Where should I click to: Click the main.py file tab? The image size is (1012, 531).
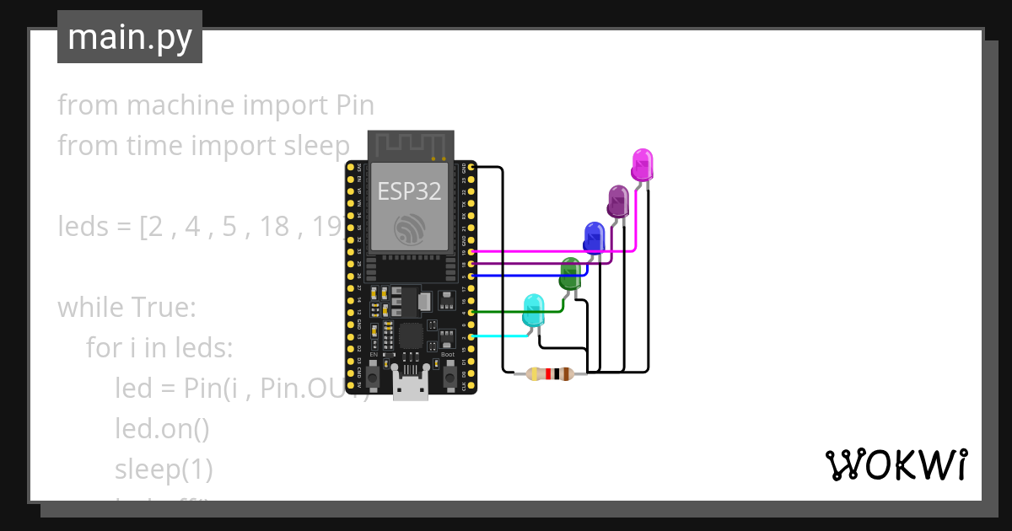tap(130, 37)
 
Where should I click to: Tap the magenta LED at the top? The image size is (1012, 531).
tap(642, 164)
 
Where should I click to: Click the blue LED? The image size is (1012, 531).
tap(594, 237)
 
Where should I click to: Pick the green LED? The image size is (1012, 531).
tap(570, 273)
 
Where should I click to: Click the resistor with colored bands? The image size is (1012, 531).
tap(549, 374)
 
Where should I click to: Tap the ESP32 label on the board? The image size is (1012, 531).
tap(409, 191)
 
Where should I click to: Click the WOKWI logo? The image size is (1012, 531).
tap(895, 465)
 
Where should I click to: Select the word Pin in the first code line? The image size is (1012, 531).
tap(355, 105)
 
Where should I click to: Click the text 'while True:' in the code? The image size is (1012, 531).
tap(126, 308)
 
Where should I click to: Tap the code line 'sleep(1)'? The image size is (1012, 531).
tap(164, 469)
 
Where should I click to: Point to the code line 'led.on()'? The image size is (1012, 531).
tap(162, 428)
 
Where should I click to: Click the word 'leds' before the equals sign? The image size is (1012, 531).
tap(84, 227)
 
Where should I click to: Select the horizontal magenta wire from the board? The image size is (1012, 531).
tap(548, 251)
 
